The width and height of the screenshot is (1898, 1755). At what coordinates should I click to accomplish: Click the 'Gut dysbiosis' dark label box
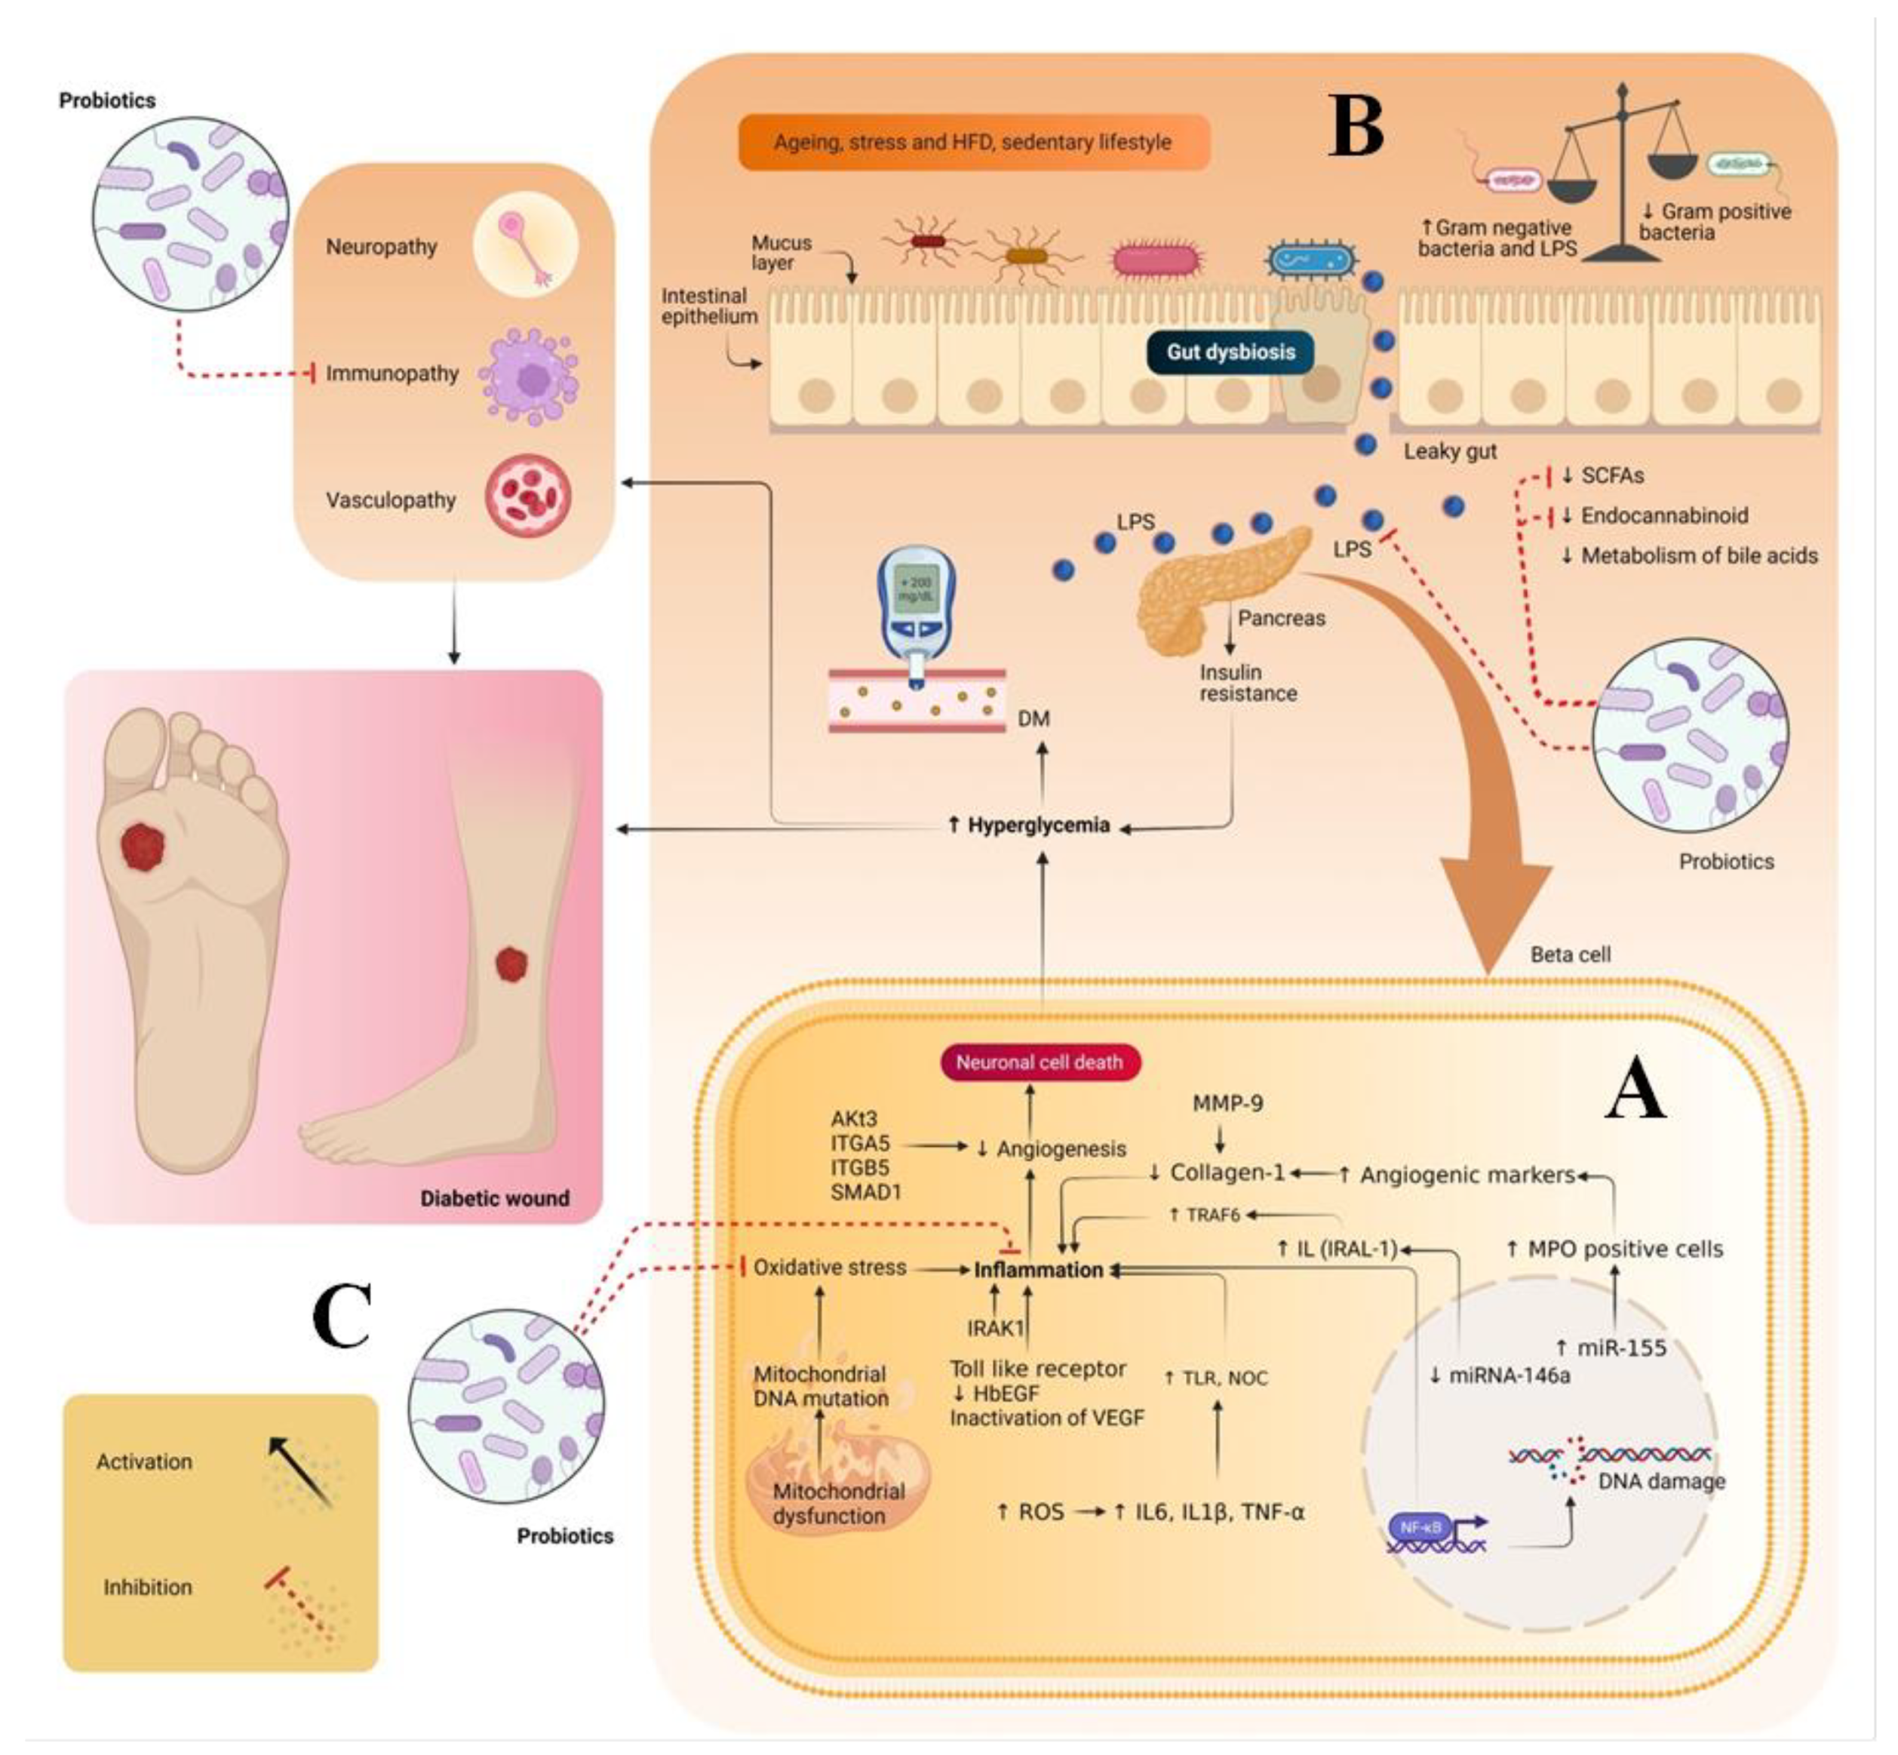coord(1230,352)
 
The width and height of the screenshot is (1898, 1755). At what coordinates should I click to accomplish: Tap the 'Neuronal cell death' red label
coord(1040,1062)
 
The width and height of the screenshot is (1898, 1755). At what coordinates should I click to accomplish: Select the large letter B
coord(1356,126)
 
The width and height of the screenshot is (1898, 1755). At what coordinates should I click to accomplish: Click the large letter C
coord(342,1314)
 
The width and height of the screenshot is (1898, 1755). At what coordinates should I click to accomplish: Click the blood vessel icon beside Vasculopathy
coord(528,495)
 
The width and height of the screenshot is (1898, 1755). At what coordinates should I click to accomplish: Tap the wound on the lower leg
coord(511,964)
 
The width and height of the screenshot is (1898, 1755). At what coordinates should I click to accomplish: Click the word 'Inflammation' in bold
coord(1039,1270)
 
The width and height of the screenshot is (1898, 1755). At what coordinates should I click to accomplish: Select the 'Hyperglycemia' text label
coord(1038,825)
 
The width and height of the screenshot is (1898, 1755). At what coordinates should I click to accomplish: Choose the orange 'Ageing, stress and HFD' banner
coord(973,143)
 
